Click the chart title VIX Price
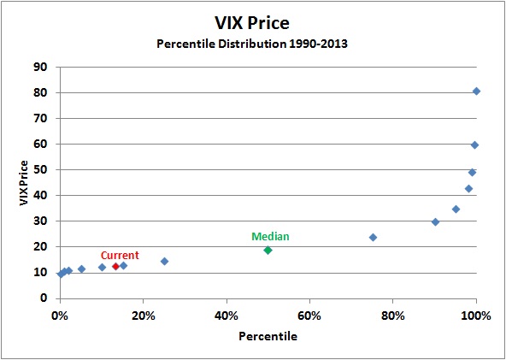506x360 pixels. point(252,23)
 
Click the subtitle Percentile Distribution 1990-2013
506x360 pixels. point(252,44)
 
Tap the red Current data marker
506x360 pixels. point(115,266)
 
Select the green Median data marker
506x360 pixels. point(268,251)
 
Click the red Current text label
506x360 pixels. point(120,255)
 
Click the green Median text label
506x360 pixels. point(270,237)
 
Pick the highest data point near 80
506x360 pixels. point(476,91)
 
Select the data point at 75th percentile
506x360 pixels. point(373,237)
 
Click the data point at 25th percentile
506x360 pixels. point(164,262)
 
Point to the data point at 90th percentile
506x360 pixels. point(435,221)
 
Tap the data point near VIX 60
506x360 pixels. point(474,145)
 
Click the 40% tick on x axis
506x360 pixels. point(227,315)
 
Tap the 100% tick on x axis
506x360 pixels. point(476,315)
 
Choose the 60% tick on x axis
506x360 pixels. point(309,315)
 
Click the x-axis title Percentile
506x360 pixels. point(268,337)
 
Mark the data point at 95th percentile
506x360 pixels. point(456,209)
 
